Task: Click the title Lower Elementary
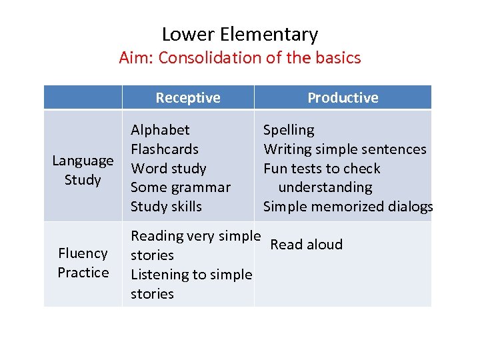pyautogui.click(x=240, y=34)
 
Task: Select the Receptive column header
pyautogui.click(x=188, y=98)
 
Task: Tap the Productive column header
pyautogui.click(x=343, y=98)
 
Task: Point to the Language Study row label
pyautogui.click(x=83, y=170)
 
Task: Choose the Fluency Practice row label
pyautogui.click(x=83, y=263)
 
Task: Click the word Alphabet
pyautogui.click(x=160, y=130)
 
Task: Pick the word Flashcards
pyautogui.click(x=165, y=149)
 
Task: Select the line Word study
pyautogui.click(x=169, y=169)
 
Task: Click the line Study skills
pyautogui.click(x=166, y=207)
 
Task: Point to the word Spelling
pyautogui.click(x=289, y=130)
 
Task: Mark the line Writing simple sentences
pyautogui.click(x=345, y=149)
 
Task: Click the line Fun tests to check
pyautogui.click(x=322, y=169)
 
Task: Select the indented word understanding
pyautogui.click(x=325, y=187)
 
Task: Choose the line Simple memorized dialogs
pyautogui.click(x=348, y=207)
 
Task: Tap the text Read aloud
pyautogui.click(x=307, y=245)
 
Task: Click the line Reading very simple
pyautogui.click(x=195, y=236)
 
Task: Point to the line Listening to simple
pyautogui.click(x=191, y=275)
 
